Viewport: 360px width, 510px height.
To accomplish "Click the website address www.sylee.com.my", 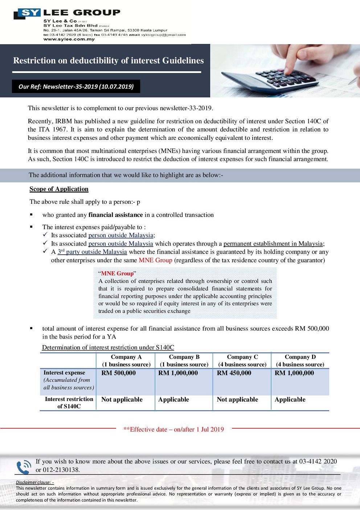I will (69, 39).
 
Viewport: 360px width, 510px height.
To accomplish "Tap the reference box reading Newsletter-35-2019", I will (76, 86).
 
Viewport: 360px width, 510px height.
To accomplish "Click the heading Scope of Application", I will (59, 189).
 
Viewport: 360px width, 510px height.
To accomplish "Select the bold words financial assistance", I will (115, 215).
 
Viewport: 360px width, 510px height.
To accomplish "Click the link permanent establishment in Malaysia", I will (273, 243).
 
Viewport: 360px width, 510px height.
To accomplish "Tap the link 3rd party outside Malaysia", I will (92, 252).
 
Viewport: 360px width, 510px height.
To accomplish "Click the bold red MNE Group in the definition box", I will (117, 273).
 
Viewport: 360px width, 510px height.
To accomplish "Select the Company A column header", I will (126, 360).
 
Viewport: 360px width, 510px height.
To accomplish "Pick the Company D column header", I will (300, 360).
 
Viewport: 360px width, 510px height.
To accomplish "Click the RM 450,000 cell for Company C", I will (234, 373).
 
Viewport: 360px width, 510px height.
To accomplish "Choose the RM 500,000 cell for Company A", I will (118, 373).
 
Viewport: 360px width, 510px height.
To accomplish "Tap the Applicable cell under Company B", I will (173, 399).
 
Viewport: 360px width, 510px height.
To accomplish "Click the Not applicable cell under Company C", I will (237, 399).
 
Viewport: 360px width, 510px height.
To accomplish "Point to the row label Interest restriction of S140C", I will (69, 402).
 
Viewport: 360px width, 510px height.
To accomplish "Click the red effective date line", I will (173, 429).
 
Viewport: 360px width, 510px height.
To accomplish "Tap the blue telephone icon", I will (24, 467).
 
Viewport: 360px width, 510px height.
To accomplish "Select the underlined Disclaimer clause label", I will (35, 482).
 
